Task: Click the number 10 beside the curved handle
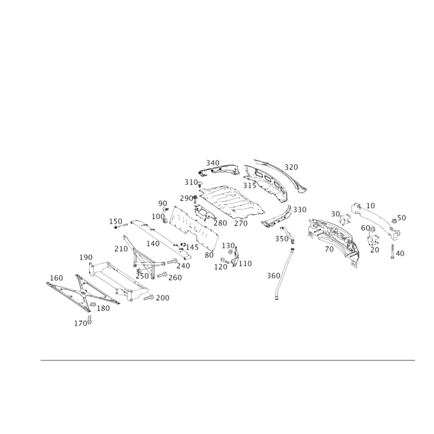(371, 206)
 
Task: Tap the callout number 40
(400, 253)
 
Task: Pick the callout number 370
(292, 167)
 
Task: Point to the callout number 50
(402, 218)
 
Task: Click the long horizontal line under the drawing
(228, 359)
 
